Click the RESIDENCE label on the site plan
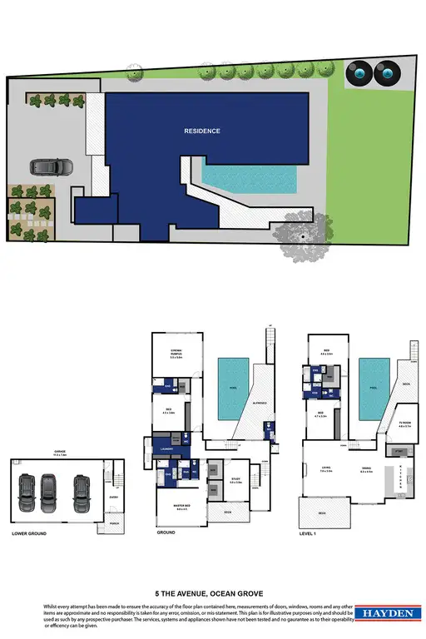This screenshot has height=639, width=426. coord(202,131)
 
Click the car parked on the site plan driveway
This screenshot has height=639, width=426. coord(45,167)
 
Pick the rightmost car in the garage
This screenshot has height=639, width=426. coord(81,492)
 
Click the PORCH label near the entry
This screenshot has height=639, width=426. coord(113,523)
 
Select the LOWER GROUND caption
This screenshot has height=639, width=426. coord(29,533)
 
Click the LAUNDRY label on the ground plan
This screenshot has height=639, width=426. coord(166,448)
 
